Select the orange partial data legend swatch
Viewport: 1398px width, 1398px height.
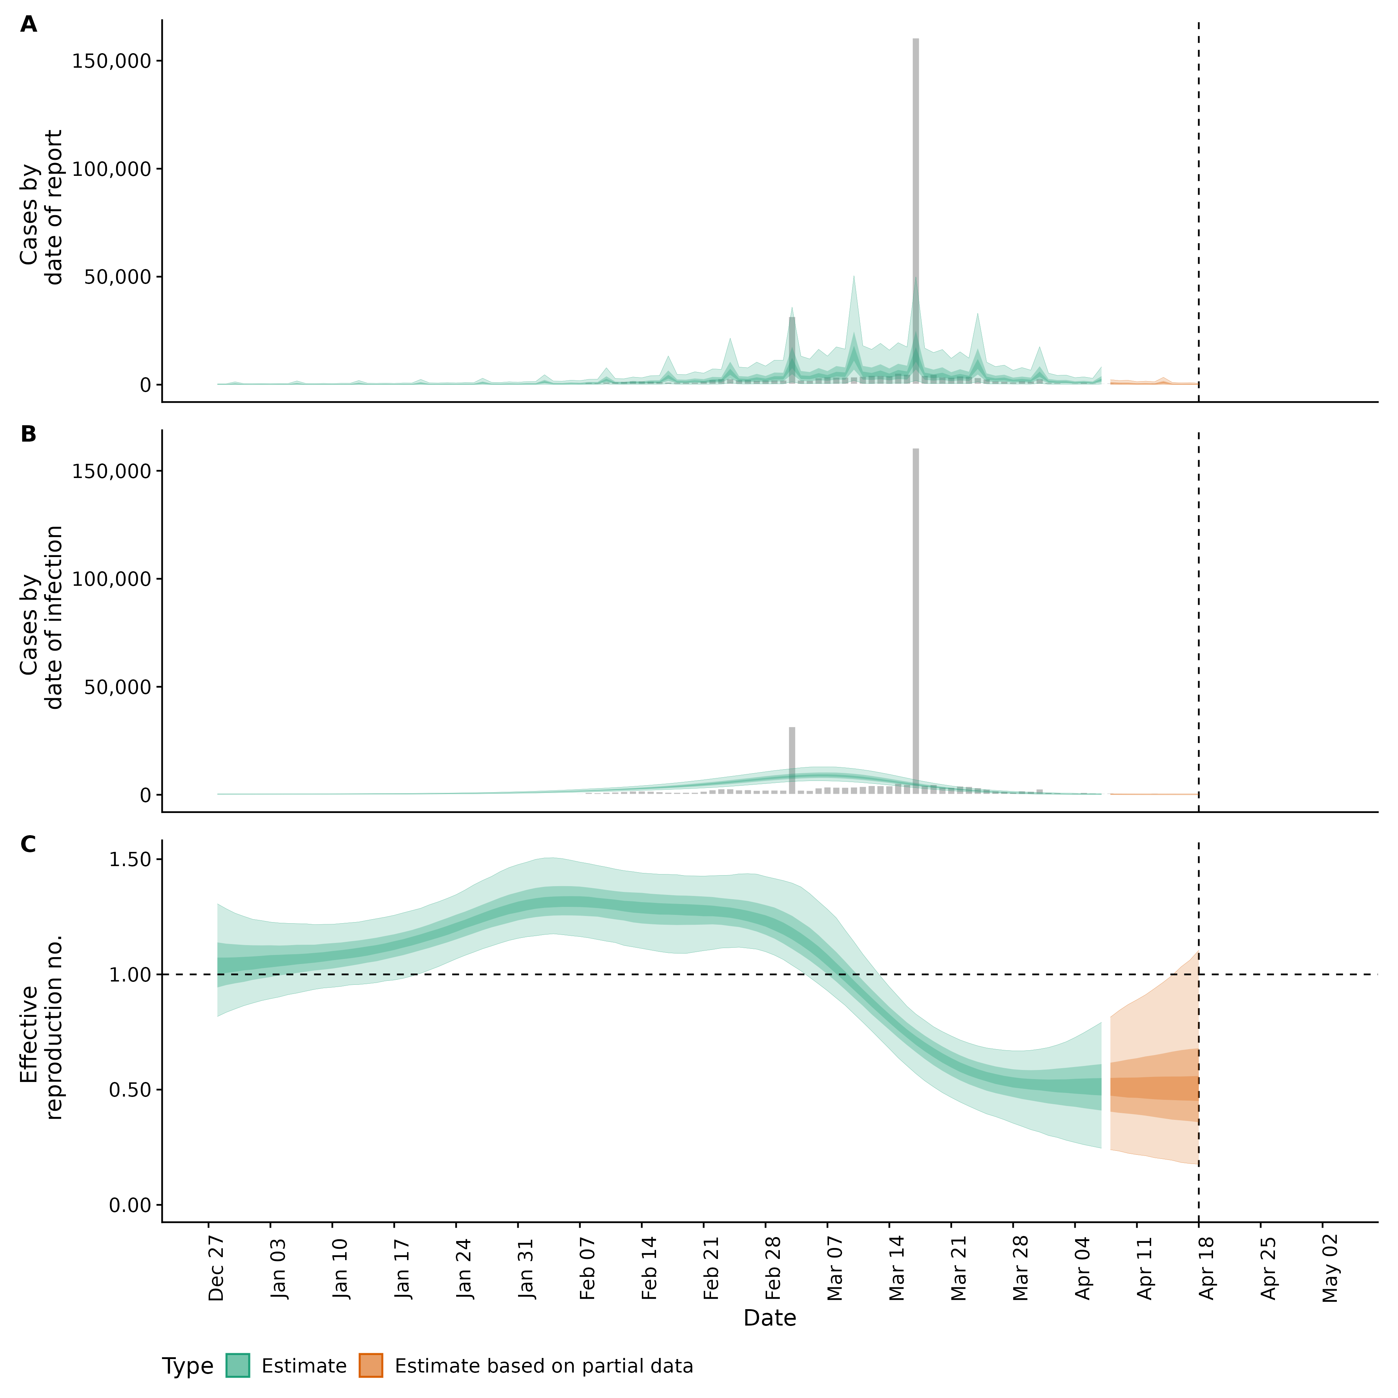pyautogui.click(x=371, y=1366)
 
